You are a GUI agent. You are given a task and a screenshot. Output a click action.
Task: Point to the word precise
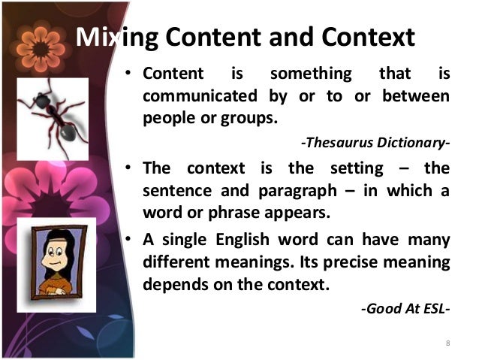[361, 263]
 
